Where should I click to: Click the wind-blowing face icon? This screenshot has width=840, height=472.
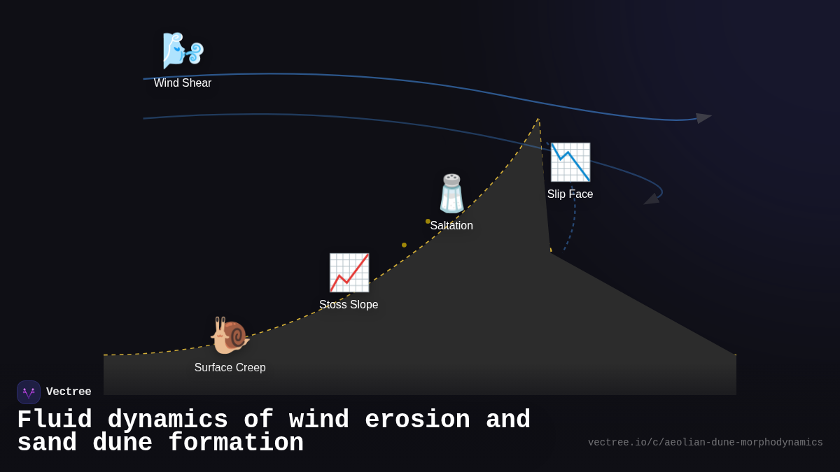pyautogui.click(x=183, y=51)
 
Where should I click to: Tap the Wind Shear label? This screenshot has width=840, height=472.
pyautogui.click(x=183, y=83)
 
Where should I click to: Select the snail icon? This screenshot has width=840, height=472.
pyautogui.click(x=230, y=336)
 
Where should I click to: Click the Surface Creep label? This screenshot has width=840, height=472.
pyautogui.click(x=230, y=368)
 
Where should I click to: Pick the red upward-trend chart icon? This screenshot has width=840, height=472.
pyautogui.click(x=349, y=273)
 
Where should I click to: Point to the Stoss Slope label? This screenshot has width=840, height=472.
pyautogui.click(x=349, y=305)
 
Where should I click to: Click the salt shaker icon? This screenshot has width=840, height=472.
pyautogui.click(x=451, y=194)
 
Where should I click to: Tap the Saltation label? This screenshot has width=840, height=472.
pyautogui.click(x=451, y=226)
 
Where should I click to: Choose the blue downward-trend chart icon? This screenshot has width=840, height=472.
pyautogui.click(x=570, y=162)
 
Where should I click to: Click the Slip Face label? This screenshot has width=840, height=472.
pyautogui.click(x=570, y=194)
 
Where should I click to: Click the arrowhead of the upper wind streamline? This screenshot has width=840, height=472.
pyautogui.click(x=703, y=118)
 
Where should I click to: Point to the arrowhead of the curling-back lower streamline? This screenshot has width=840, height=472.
pyautogui.click(x=652, y=199)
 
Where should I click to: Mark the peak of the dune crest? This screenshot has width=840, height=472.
pyautogui.click(x=538, y=120)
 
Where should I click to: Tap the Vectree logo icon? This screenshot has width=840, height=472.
pyautogui.click(x=29, y=392)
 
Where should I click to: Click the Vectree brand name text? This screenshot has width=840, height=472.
pyautogui.click(x=69, y=392)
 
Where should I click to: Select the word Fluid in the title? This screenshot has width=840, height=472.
pyautogui.click(x=55, y=420)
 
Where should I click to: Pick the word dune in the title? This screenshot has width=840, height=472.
pyautogui.click(x=122, y=443)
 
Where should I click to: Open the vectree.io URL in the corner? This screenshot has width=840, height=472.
pyautogui.click(x=705, y=443)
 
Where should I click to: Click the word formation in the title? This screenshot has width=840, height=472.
pyautogui.click(x=235, y=443)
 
